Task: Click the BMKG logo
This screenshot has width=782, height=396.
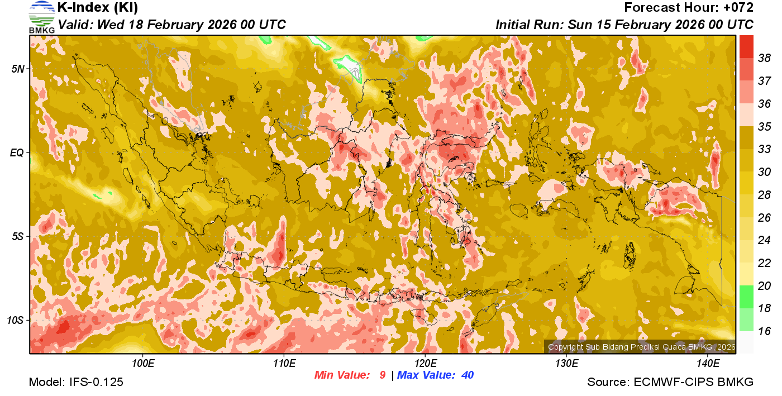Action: click(x=41, y=17)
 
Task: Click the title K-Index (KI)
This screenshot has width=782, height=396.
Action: click(x=98, y=8)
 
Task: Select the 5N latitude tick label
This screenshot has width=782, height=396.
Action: click(x=18, y=69)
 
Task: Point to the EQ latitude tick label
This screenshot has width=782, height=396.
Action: click(x=17, y=152)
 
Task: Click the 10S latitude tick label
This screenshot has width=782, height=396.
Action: click(x=16, y=320)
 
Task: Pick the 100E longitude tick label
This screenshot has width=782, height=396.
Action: click(x=143, y=364)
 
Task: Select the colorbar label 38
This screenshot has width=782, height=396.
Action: click(x=764, y=58)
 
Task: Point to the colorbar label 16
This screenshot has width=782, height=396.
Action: click(x=764, y=331)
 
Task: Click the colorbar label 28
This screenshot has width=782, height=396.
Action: click(x=764, y=194)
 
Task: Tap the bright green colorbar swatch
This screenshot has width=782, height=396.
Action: click(x=746, y=297)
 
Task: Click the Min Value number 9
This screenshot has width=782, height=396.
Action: click(x=382, y=375)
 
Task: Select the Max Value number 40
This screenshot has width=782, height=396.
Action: click(x=467, y=375)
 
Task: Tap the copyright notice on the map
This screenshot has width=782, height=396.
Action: click(x=641, y=347)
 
